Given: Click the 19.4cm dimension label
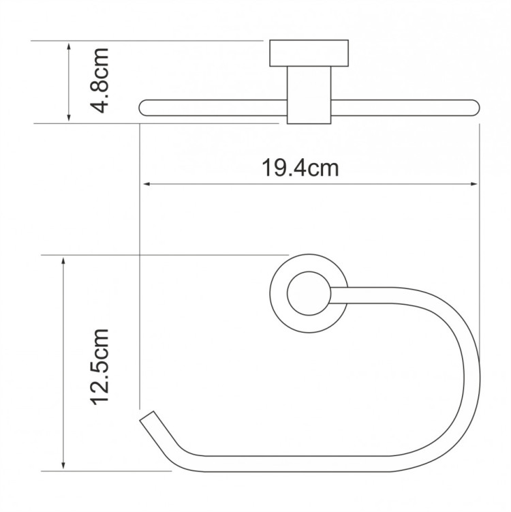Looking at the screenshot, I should pyautogui.click(x=300, y=168).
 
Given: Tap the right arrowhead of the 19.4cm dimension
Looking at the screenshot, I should pyautogui.click(x=475, y=184).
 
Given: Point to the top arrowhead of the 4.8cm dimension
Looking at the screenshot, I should pyautogui.click(x=69, y=44).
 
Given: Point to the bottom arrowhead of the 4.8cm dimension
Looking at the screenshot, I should pyautogui.click(x=69, y=119).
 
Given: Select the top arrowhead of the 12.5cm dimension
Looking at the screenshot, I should pyautogui.click(x=63, y=260).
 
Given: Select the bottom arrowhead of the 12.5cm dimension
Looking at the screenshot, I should pyautogui.click(x=63, y=466).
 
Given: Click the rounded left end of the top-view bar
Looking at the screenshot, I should pyautogui.click(x=144, y=107).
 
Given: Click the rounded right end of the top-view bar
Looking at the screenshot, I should pyautogui.click(x=474, y=107).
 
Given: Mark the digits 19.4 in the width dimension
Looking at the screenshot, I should pyautogui.click(x=286, y=168).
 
